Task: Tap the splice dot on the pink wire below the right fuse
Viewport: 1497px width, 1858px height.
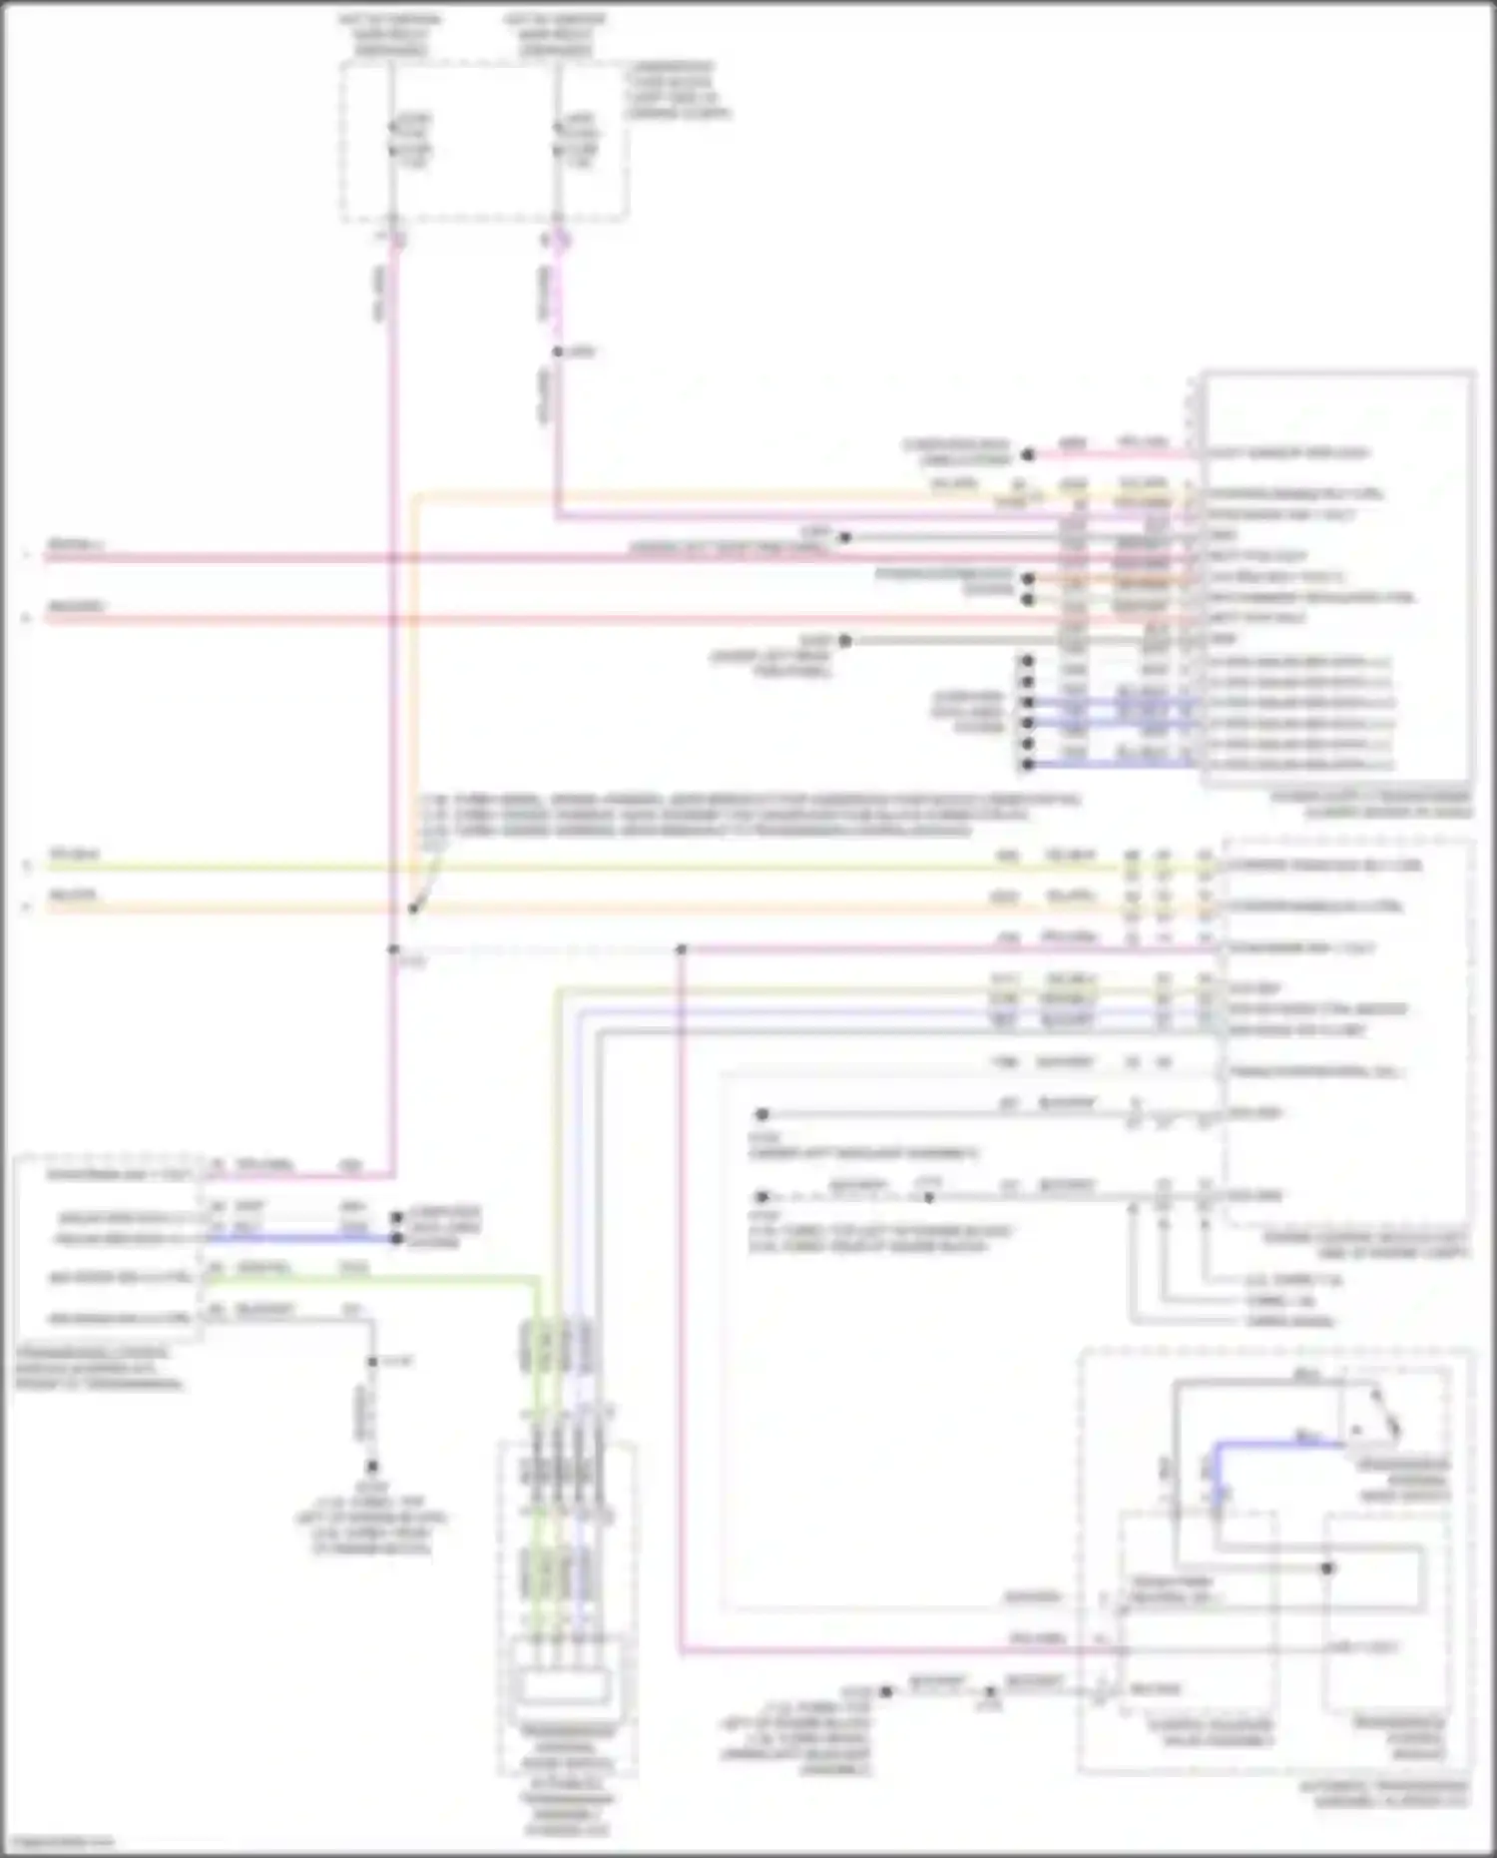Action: [558, 351]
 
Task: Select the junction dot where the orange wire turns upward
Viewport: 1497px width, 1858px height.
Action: [413, 909]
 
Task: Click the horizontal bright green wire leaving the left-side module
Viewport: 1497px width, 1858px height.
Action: [369, 1279]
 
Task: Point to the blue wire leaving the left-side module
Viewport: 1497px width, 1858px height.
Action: [299, 1239]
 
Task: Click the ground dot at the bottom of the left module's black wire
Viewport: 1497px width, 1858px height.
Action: [372, 1467]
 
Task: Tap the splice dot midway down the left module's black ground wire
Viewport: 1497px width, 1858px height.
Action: [372, 1362]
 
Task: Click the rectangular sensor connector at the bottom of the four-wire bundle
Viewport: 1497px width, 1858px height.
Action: [564, 1686]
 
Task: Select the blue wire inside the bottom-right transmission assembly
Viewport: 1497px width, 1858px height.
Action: [1277, 1443]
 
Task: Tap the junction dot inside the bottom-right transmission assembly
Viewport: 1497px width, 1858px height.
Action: [1327, 1568]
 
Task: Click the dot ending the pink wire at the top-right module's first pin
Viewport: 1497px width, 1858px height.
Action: [1028, 455]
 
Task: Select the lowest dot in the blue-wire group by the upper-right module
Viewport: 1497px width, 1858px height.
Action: [1027, 766]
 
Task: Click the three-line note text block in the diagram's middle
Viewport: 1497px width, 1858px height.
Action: [748, 815]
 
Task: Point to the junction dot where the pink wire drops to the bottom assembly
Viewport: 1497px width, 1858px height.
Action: [682, 949]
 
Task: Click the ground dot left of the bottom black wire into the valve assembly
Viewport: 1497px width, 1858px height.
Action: [885, 1691]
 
